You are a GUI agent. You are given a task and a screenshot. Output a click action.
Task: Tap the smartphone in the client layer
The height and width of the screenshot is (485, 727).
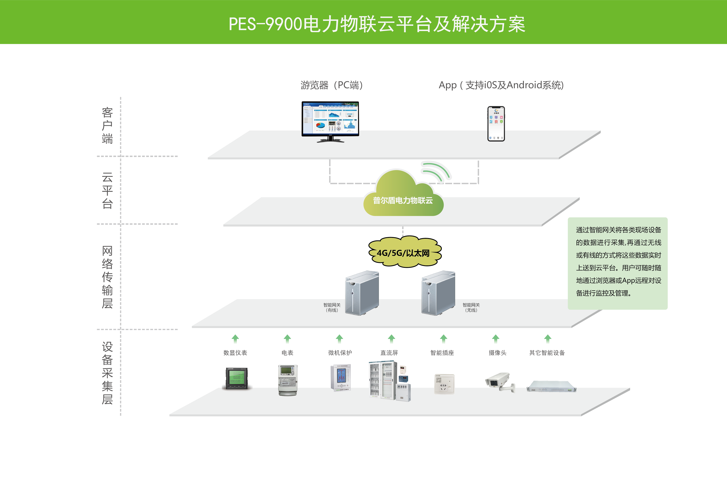click(496, 124)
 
